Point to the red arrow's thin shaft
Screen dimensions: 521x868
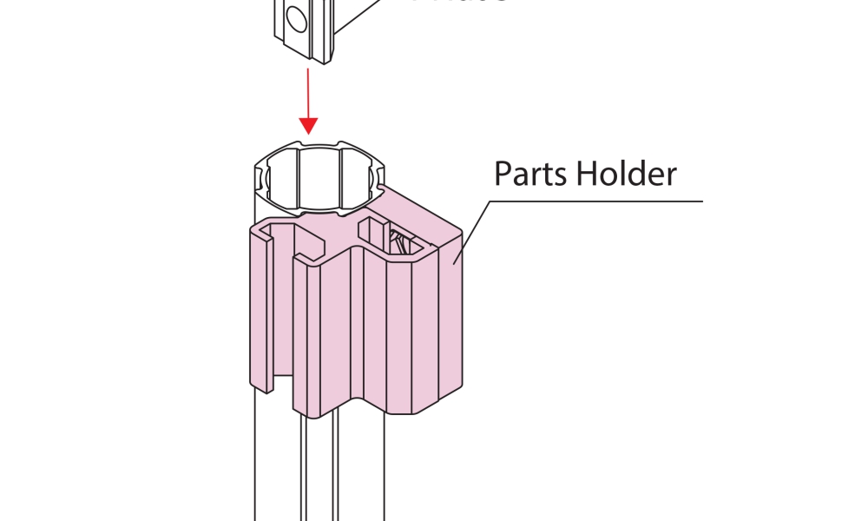coord(307,91)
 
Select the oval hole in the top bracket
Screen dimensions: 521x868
coord(294,17)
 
